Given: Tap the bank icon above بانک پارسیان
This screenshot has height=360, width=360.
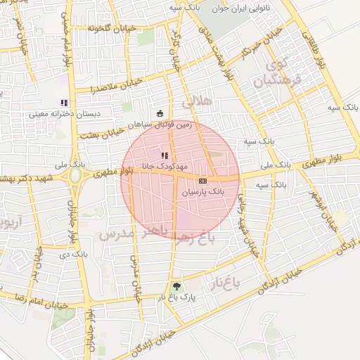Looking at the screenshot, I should pyautogui.click(x=203, y=181).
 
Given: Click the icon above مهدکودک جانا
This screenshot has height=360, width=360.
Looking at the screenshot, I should pyautogui.click(x=165, y=155).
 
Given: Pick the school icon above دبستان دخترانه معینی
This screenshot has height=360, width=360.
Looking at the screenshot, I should pyautogui.click(x=65, y=103).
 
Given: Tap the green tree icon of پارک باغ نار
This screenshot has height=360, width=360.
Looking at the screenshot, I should pyautogui.click(x=176, y=286).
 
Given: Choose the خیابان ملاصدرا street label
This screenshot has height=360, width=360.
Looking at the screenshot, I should pyautogui.click(x=116, y=86).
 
